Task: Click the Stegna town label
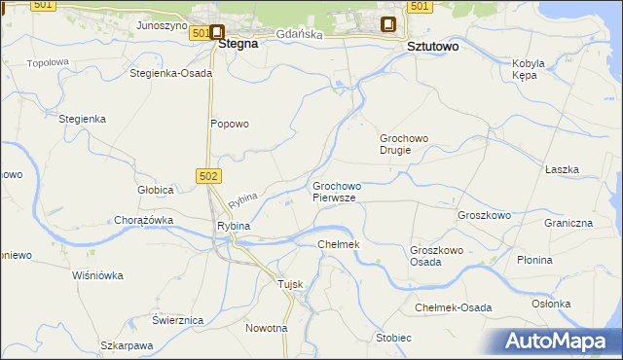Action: (238, 44)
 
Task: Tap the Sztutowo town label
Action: (432, 46)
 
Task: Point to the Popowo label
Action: (231, 124)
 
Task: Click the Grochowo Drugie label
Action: (404, 144)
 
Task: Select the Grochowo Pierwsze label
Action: (337, 191)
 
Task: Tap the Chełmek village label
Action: (339, 243)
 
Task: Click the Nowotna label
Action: (267, 328)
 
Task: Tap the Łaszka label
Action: (562, 169)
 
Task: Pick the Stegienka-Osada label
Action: (170, 73)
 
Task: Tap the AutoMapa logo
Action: (561, 341)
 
